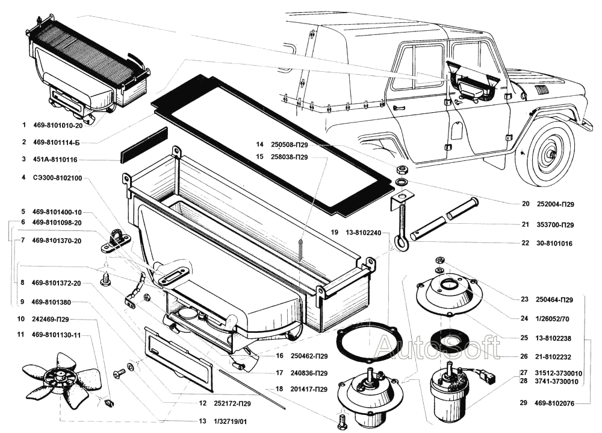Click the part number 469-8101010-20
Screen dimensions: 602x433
pos(58,125)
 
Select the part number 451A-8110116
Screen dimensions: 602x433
pos(55,159)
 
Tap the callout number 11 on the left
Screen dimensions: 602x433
pos(20,335)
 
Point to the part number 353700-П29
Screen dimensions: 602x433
pos(555,224)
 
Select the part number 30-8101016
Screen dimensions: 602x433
pos(554,244)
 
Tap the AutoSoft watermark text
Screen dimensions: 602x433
pos(438,347)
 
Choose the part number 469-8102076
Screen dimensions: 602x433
pos(554,403)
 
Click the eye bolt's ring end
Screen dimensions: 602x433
pos(401,242)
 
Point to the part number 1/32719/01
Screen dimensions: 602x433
pos(231,422)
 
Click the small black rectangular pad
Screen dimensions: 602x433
pos(144,145)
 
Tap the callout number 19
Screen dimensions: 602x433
pos(334,232)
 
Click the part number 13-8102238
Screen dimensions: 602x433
pos(553,338)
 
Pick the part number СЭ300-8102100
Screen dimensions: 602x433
pos(58,178)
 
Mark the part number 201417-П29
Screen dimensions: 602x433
pos(309,390)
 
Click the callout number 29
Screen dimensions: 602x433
pos(524,403)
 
